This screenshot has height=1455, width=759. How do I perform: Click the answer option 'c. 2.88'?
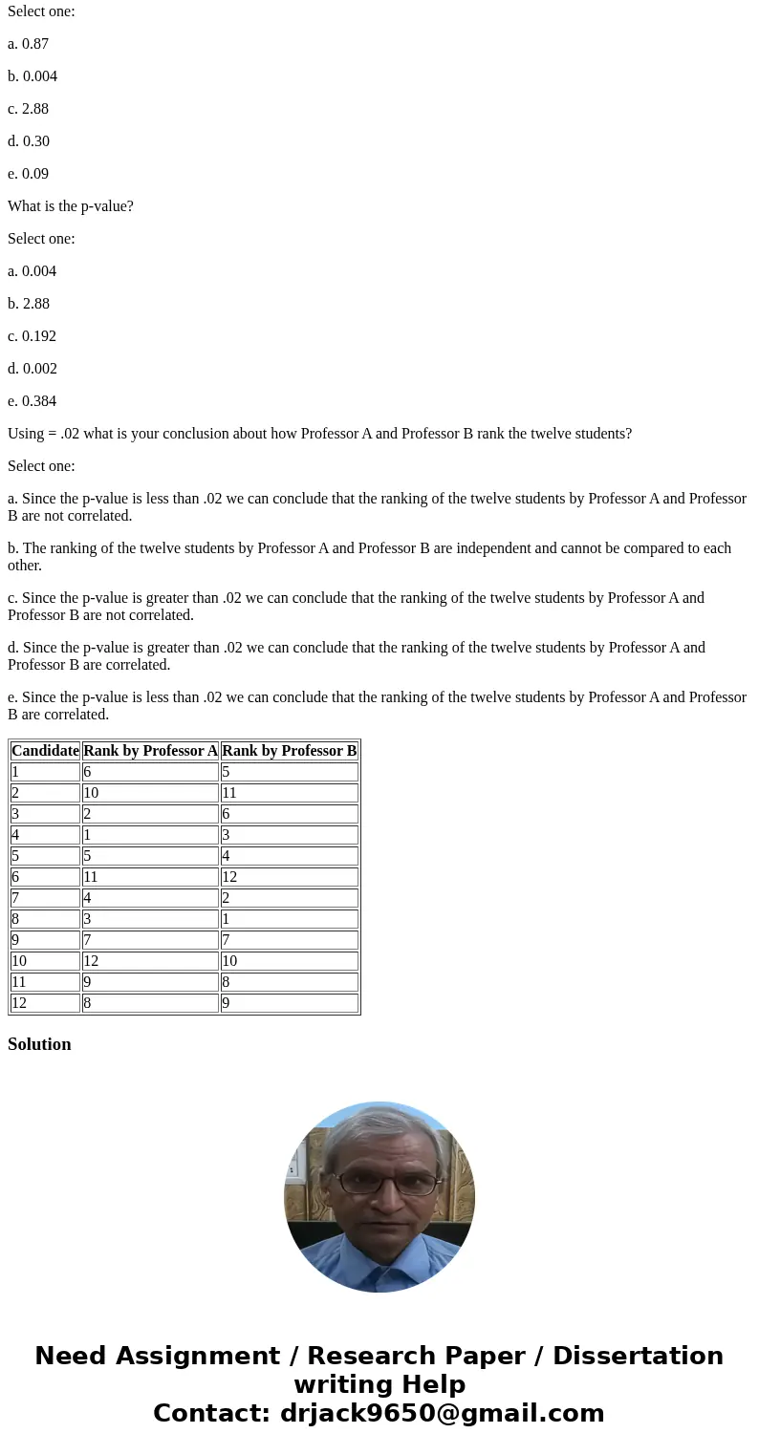(x=28, y=109)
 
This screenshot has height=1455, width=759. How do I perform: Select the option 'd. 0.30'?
(x=29, y=141)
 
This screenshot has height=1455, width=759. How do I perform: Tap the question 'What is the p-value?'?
(x=71, y=206)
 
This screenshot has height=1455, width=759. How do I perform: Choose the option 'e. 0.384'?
(x=32, y=401)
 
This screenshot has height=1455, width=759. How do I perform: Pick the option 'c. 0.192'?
(x=32, y=336)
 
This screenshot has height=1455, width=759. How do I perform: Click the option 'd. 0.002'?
(x=32, y=369)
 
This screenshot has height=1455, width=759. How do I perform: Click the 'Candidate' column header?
(x=45, y=751)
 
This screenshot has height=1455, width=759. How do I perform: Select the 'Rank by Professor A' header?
(x=150, y=751)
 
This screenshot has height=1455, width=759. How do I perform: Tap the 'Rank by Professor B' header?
(x=289, y=751)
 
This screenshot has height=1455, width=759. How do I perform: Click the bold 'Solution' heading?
(x=39, y=1044)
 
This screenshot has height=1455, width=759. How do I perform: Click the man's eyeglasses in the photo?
(x=380, y=1183)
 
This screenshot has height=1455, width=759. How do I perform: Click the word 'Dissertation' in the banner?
(x=638, y=1356)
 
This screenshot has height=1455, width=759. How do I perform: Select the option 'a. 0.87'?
(x=28, y=44)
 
